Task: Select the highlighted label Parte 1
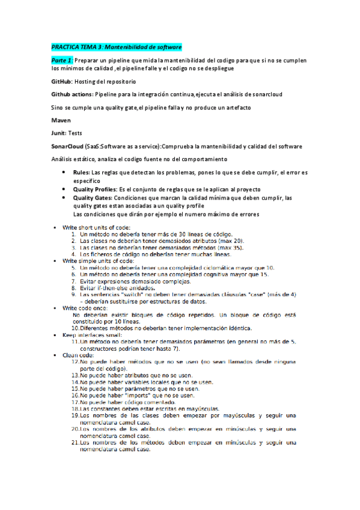point(62,61)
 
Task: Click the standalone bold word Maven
point(61,120)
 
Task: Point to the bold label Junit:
point(59,133)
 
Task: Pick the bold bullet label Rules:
point(82,172)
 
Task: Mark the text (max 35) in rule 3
point(228,247)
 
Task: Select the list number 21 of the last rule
point(75,442)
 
